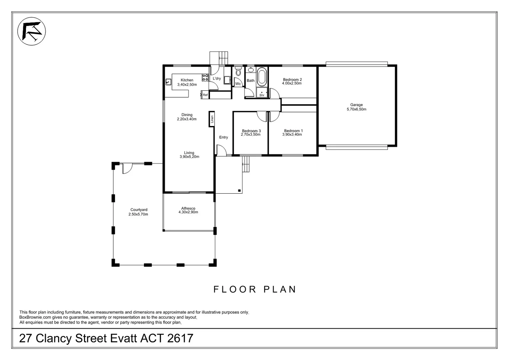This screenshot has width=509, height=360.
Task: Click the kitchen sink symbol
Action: pos(168,82)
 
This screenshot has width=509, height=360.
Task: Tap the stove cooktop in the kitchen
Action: pos(205,78)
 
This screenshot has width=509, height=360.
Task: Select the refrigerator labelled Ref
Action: pos(205,95)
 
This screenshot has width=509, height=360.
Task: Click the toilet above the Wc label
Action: pos(238,72)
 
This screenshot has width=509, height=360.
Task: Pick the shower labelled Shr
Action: pos(262,94)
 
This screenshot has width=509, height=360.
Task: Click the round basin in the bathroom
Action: pos(251,70)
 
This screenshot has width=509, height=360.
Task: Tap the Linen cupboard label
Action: pos(212,119)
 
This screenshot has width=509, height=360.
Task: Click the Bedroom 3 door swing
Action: pos(261,116)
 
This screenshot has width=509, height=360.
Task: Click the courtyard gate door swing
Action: pos(127,168)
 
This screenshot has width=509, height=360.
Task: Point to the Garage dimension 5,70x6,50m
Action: pos(356,109)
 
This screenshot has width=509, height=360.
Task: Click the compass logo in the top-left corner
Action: pos(32,31)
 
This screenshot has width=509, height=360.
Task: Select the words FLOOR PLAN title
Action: pos(255,289)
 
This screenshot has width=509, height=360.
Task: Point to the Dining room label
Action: pos(187,115)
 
